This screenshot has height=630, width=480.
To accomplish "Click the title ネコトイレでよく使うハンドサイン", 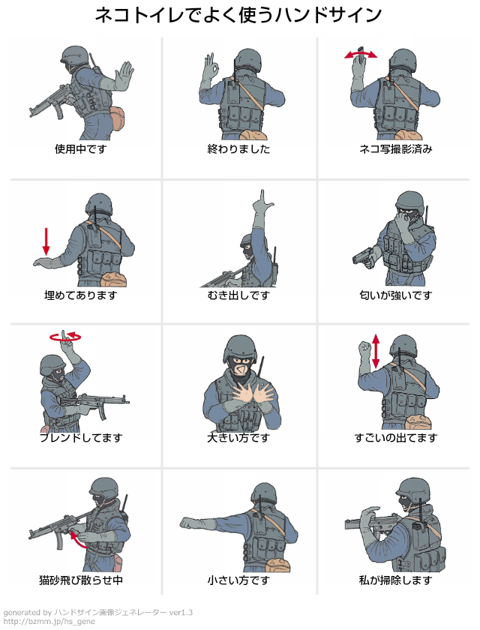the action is [x=238, y=16].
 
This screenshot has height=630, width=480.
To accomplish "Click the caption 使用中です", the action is [x=81, y=149].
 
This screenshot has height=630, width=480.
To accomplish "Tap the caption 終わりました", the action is [x=238, y=149].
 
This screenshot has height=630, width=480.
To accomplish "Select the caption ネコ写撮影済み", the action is [x=396, y=149].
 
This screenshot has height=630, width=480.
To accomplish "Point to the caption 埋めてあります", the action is [x=81, y=295].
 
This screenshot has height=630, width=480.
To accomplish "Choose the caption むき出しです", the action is [x=238, y=295].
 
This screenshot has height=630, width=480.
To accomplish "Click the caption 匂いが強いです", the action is [x=396, y=295].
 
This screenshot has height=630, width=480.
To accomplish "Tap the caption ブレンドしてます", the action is [x=81, y=437].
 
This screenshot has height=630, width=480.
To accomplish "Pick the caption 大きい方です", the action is [x=238, y=437].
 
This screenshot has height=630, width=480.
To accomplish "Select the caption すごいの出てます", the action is [x=396, y=437].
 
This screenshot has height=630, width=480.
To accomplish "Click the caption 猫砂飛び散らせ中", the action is [x=81, y=580].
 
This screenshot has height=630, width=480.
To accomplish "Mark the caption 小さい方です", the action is [x=238, y=580].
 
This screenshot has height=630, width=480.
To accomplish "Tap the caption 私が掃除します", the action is [x=396, y=580].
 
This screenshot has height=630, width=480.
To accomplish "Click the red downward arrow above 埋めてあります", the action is [x=46, y=241].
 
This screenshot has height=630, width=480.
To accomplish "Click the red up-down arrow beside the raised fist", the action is [x=376, y=351].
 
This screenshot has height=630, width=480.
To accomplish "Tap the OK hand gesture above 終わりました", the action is [x=211, y=66].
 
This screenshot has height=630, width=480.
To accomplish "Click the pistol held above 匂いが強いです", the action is [x=363, y=256].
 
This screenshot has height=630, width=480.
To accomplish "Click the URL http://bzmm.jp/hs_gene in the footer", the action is [x=49, y=622].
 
